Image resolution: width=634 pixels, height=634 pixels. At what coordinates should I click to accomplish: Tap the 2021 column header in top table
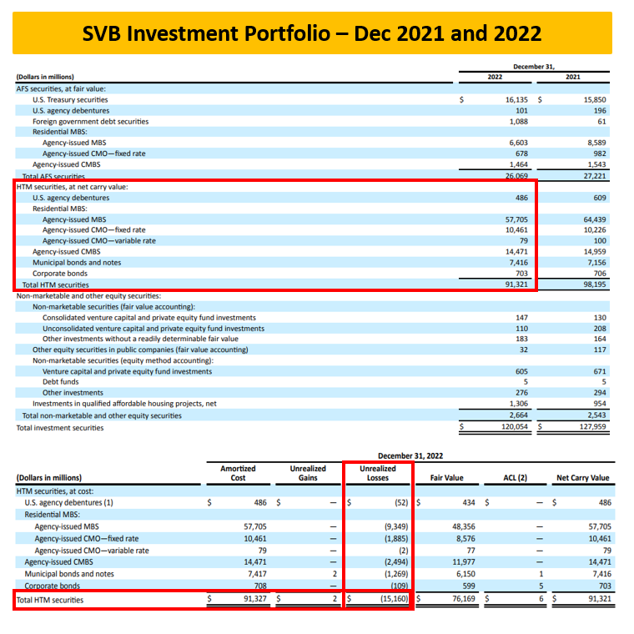click(572, 78)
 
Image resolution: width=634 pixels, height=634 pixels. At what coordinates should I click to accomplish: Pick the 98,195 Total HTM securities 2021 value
click(593, 284)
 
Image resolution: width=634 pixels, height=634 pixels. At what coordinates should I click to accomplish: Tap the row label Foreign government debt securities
click(90, 121)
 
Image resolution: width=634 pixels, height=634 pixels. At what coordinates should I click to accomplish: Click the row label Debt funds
click(63, 382)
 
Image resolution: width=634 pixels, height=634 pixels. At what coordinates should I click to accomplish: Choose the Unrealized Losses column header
click(378, 473)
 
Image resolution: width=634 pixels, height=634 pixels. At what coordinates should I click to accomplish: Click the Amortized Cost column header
click(238, 473)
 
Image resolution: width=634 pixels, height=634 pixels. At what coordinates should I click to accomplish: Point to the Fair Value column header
click(446, 478)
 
